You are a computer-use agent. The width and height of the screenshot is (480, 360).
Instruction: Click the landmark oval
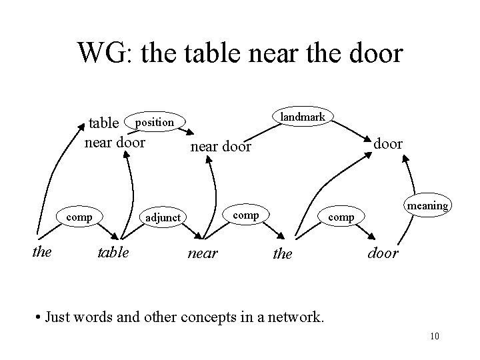tap(303, 117)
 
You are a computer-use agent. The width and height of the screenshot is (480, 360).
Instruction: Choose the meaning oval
tap(427, 205)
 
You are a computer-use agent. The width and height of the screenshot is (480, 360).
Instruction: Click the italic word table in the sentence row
tap(113, 252)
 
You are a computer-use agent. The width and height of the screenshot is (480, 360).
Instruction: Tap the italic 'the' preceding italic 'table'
tap(42, 252)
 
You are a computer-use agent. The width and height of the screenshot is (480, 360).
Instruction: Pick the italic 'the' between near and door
tap(283, 254)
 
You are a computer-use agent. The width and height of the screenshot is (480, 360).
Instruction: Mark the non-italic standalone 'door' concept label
tap(388, 143)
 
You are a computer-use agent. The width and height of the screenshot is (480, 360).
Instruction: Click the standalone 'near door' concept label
tap(221, 146)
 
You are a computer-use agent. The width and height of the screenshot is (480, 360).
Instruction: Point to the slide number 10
tap(435, 335)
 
